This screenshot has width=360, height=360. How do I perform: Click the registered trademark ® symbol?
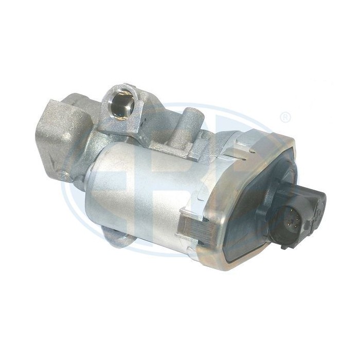pyautogui.click(x=285, y=118)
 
